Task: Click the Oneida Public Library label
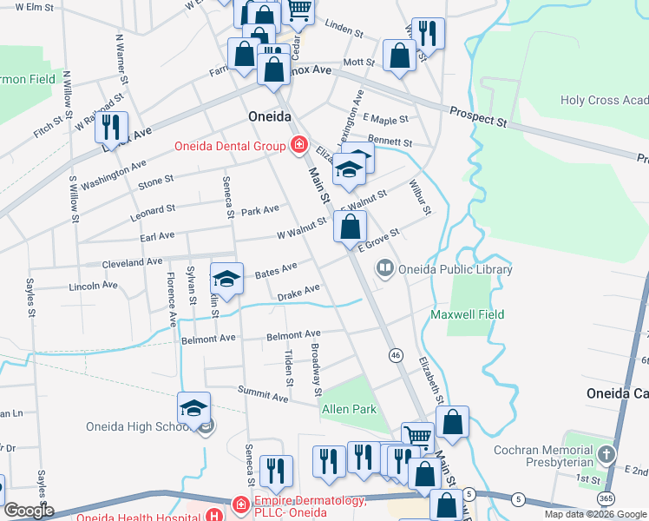coord(455,269)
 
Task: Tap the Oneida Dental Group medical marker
coord(298,144)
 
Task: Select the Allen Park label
coord(349,408)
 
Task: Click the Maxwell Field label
coord(468,314)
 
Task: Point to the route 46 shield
coord(396,355)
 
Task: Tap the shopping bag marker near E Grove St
coord(350,228)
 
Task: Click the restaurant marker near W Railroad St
coord(111,128)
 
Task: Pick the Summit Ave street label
coord(269,397)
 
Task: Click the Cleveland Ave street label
coord(132,261)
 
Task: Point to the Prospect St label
coord(478,116)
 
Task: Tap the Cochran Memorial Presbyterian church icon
coord(606,453)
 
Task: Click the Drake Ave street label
coord(298,293)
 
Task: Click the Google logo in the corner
coord(28,511)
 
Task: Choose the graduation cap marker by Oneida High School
coord(194,408)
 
